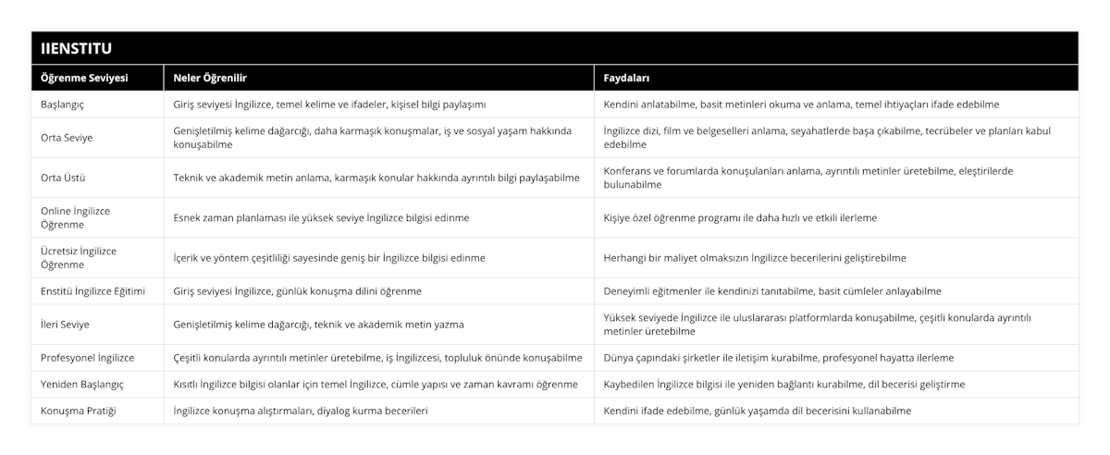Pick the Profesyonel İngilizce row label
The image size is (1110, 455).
click(x=89, y=357)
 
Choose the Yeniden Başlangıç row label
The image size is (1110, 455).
click(x=83, y=384)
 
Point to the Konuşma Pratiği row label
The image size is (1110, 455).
click(x=80, y=410)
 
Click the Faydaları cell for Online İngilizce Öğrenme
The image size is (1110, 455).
click(x=740, y=217)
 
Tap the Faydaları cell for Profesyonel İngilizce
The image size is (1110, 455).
click(x=778, y=357)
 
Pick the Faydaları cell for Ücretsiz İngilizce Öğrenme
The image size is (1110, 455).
click(x=754, y=257)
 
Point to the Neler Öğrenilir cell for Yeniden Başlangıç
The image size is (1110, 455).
click(x=376, y=384)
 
